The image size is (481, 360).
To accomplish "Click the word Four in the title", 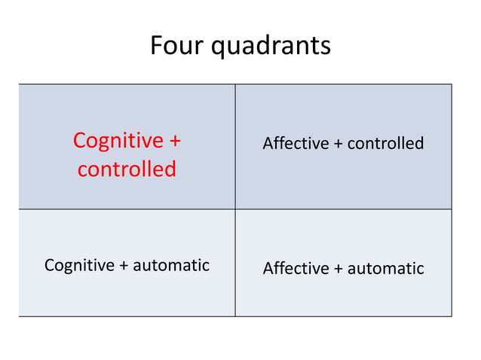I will tap(177, 46).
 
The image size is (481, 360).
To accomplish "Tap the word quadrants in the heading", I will tap(271, 47).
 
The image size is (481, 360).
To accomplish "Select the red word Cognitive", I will tap(118, 141).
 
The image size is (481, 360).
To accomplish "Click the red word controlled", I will tap(127, 169).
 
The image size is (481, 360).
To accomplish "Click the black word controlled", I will tap(386, 143).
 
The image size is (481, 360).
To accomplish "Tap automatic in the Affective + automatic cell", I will tap(386, 268).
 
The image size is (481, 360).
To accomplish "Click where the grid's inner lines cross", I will tap(235, 209).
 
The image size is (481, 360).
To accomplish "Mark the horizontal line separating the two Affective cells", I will tap(343, 209).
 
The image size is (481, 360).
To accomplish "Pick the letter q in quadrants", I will tap(218, 48).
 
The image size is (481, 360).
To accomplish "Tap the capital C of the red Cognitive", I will tap(80, 141).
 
